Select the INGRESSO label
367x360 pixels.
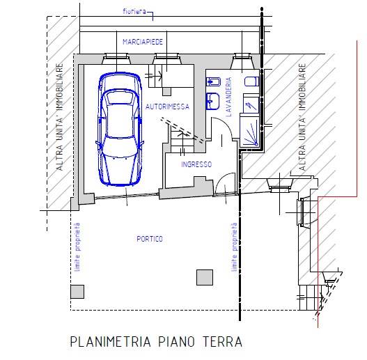coord(196,164)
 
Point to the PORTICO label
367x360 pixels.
coord(150,239)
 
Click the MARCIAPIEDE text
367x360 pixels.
coord(143,42)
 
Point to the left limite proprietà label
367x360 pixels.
coord(77,247)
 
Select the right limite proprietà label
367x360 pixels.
coord(233,247)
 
